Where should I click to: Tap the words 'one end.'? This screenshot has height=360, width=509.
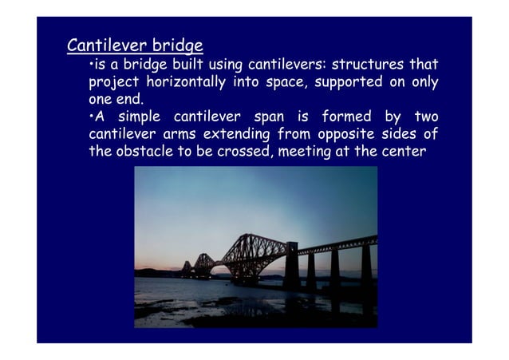116,100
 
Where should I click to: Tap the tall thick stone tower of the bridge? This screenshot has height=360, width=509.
290,265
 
